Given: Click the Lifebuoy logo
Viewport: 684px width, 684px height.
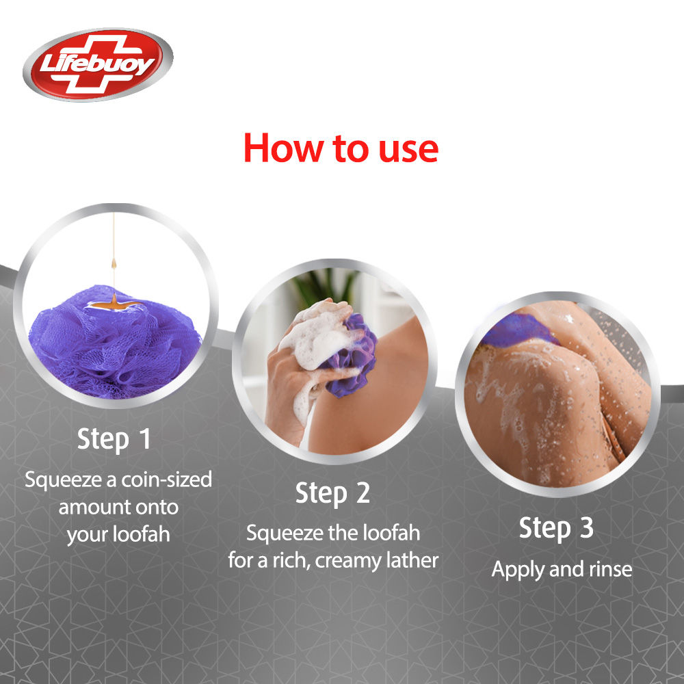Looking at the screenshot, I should [x=98, y=65].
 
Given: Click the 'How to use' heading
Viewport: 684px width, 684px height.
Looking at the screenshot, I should [x=341, y=148].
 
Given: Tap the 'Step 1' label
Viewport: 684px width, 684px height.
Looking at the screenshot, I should [x=114, y=440].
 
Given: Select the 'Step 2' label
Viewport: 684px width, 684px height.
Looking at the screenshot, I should [x=332, y=493].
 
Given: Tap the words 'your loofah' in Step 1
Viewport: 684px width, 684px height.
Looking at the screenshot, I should [x=118, y=534].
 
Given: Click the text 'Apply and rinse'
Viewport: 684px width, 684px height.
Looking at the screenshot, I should [x=562, y=569].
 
